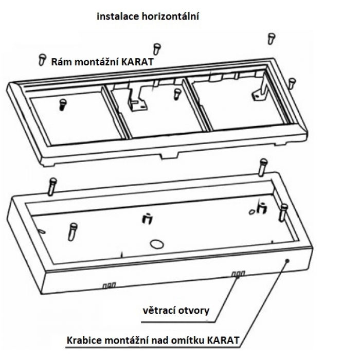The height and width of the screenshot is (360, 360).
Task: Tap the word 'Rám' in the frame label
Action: tap(60, 62)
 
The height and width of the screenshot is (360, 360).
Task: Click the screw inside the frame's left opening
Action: tap(63, 103)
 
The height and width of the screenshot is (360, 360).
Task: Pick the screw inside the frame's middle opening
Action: tap(177, 93)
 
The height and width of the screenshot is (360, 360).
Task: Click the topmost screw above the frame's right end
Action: tap(271, 38)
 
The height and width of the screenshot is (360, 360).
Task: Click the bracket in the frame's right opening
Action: tap(259, 92)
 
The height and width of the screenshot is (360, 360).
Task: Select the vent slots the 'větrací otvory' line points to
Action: tap(238, 274)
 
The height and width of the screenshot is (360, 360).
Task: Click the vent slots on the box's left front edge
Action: tap(109, 284)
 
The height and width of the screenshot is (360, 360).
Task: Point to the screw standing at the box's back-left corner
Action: tap(52, 186)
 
